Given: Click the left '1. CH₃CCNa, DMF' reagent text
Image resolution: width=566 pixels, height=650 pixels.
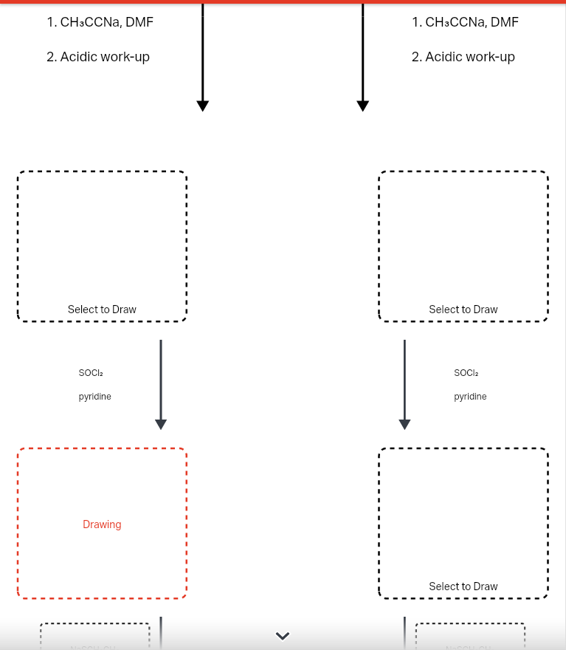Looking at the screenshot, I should [100, 22].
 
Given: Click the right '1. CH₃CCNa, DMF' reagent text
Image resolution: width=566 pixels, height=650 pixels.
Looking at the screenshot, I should [465, 22].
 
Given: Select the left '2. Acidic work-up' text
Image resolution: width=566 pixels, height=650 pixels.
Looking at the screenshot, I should [98, 57].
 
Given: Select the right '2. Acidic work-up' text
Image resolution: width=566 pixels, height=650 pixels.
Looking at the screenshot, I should [463, 57].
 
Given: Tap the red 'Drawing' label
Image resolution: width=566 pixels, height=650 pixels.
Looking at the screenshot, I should [102, 524].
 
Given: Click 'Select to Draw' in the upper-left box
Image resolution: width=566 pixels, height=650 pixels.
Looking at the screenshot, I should [102, 309].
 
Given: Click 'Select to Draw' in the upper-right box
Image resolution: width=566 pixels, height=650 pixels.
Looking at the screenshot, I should [463, 309].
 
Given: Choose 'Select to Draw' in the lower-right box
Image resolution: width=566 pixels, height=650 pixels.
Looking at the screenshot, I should [463, 586].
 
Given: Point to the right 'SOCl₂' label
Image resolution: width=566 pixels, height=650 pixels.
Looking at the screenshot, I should [466, 373].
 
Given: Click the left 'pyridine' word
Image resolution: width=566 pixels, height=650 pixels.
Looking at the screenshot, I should [95, 397].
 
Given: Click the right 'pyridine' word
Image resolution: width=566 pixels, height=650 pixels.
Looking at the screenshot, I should [470, 397].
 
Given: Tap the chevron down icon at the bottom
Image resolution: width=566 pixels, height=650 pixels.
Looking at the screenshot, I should [283, 635].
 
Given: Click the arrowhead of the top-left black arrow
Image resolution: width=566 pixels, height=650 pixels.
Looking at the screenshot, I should [203, 106].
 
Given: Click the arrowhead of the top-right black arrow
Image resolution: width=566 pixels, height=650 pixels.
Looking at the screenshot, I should [362, 106].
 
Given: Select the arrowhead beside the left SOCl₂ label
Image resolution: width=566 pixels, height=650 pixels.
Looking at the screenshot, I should [161, 424].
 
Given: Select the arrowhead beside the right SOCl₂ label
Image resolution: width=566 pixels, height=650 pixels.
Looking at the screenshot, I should [404, 424].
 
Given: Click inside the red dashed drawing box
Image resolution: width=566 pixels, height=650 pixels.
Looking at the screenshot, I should [102, 487].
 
